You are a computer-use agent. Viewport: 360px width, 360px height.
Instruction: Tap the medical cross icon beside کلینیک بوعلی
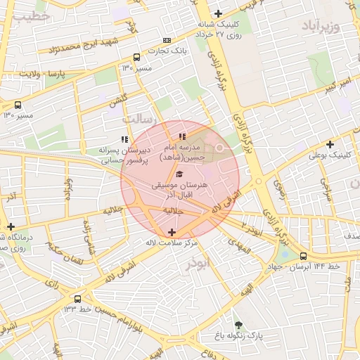(330, 144)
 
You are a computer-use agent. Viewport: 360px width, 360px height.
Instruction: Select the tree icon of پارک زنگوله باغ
(238, 325)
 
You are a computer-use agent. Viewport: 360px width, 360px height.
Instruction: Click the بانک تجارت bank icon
(167, 40)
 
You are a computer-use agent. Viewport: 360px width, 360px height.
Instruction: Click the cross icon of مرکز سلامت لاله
(172, 232)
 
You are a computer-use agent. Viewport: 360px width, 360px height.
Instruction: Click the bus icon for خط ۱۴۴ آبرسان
(303, 256)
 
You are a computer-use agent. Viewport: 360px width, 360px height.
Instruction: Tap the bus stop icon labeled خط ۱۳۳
(77, 299)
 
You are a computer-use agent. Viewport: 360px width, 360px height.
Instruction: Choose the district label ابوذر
(198, 264)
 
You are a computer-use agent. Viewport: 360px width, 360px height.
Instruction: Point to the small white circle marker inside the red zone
(219, 147)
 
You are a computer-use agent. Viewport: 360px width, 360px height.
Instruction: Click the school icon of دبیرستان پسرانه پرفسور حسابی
(124, 139)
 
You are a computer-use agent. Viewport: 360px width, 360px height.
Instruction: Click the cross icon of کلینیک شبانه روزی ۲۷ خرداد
(219, 13)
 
